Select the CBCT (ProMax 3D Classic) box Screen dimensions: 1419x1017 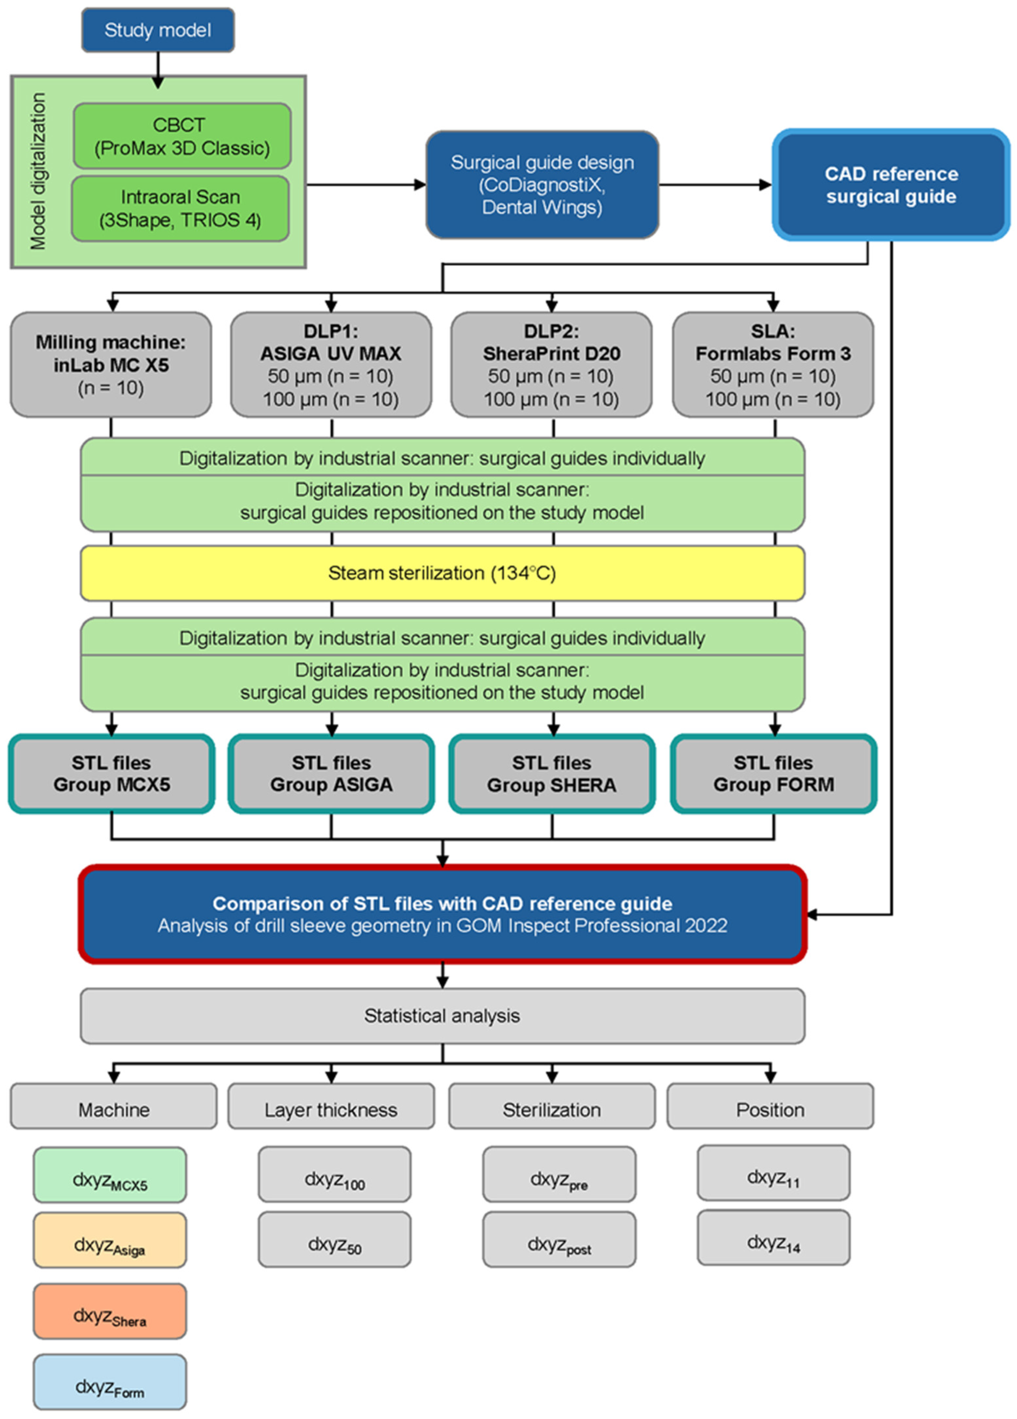click(181, 136)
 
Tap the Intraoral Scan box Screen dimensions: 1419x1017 click(180, 209)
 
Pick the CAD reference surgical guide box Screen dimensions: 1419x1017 click(891, 185)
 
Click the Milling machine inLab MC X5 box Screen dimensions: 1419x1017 click(111, 365)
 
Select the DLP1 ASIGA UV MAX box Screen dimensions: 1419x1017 click(331, 365)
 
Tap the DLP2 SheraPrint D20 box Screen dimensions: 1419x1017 click(551, 365)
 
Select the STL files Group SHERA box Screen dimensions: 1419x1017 click(552, 774)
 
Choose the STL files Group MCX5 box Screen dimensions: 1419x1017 click(111, 774)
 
